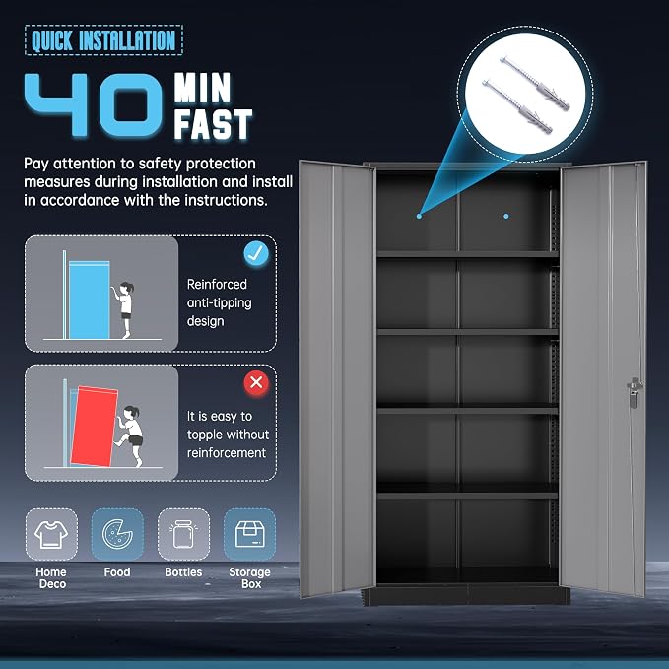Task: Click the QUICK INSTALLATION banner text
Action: pyautogui.click(x=103, y=40)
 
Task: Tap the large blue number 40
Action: pyautogui.click(x=94, y=105)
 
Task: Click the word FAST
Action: pyautogui.click(x=213, y=124)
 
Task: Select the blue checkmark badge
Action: pyautogui.click(x=256, y=254)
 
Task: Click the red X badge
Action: pyautogui.click(x=256, y=382)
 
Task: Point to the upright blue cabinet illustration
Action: pyautogui.click(x=90, y=300)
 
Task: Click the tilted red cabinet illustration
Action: pyautogui.click(x=94, y=427)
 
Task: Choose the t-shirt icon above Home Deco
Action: pyautogui.click(x=51, y=535)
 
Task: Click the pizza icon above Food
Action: pyautogui.click(x=117, y=534)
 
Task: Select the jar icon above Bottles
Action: pyautogui.click(x=183, y=534)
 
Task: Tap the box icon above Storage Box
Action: pyautogui.click(x=249, y=534)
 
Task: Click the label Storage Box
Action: pyautogui.click(x=249, y=577)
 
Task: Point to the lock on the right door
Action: pyautogui.click(x=634, y=392)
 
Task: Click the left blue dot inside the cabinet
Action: pyautogui.click(x=419, y=217)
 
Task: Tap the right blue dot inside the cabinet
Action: pyautogui.click(x=506, y=217)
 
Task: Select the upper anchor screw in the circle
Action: pyautogui.click(x=535, y=83)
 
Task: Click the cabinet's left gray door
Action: pyautogui.click(x=337, y=379)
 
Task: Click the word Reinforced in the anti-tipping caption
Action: pyautogui.click(x=217, y=284)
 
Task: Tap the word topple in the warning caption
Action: pyautogui.click(x=209, y=435)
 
